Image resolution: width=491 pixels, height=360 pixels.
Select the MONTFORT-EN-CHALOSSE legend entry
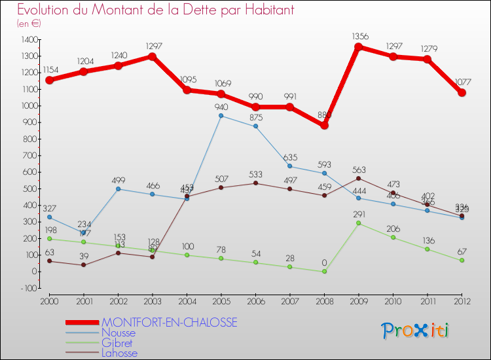coord(169,323)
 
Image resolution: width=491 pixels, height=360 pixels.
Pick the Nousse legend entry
coord(118,333)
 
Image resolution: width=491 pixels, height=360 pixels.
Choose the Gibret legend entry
coord(117,343)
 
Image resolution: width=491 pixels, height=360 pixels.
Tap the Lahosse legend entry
coord(120,353)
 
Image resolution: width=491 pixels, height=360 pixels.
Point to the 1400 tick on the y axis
coord(29,39)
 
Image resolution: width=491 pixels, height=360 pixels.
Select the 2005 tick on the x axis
coord(221,300)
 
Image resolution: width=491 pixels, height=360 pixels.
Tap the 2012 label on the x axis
coord(462,300)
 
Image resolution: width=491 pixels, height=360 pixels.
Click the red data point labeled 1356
coord(359,46)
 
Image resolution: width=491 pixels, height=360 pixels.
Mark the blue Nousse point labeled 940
coord(221,116)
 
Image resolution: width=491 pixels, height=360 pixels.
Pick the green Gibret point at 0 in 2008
coord(324,272)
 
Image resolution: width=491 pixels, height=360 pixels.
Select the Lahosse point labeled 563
coord(359,178)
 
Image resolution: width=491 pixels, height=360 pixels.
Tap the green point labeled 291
coord(359,223)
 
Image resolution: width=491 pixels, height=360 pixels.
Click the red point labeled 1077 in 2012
coord(462,93)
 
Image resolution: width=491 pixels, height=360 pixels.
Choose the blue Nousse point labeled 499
coord(118,189)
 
